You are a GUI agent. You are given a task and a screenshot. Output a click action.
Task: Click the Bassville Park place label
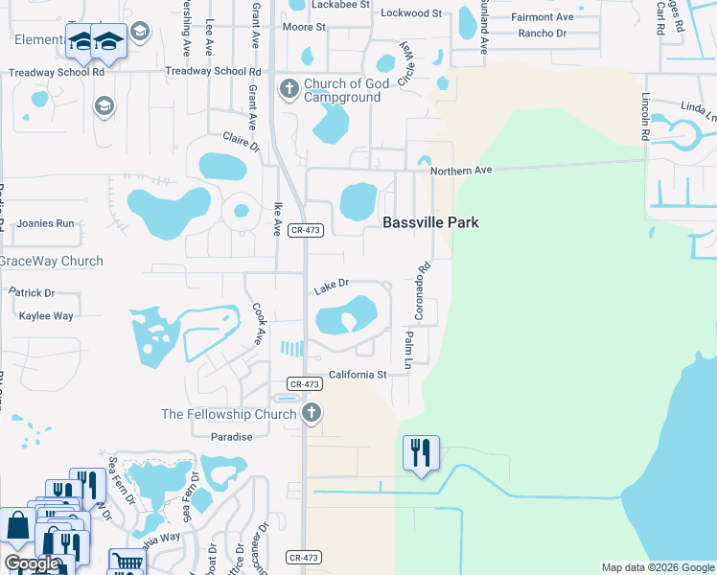coord(430,222)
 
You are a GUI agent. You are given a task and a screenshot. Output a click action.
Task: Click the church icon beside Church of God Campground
coord(289,90)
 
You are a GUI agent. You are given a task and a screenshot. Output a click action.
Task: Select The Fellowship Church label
coord(228,414)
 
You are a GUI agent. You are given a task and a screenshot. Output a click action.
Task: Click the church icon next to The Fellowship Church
coord(311,414)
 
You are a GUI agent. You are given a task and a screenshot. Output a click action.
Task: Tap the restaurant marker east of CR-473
coord(421,451)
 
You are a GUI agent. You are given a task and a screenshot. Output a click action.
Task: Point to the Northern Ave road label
coord(460,170)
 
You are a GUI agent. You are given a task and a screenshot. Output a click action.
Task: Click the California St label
coord(358,375)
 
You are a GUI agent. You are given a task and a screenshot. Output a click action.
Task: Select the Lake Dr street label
coord(331,284)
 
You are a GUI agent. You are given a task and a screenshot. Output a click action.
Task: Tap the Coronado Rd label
coord(419,291)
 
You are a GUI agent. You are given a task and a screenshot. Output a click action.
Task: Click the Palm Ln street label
coord(408,352)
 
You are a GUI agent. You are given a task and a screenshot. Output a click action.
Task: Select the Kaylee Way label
coord(46,316)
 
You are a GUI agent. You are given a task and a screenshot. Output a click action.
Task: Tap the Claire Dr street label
coord(242,142)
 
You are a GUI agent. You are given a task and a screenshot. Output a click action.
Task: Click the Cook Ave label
coord(258,325)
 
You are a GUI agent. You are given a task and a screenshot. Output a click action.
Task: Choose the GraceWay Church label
coord(50,261)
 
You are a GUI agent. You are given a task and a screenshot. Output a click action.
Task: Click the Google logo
coord(32,563)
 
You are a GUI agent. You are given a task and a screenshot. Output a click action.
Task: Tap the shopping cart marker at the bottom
coord(126,561)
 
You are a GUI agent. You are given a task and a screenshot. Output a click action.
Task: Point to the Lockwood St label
coord(411,13)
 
